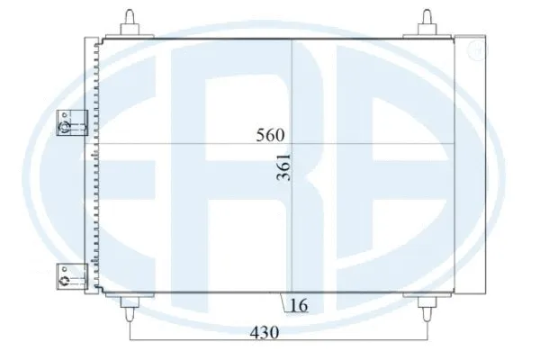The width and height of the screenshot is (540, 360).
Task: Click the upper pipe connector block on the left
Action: (67, 122)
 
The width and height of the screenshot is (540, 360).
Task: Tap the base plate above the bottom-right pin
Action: (428, 296)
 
